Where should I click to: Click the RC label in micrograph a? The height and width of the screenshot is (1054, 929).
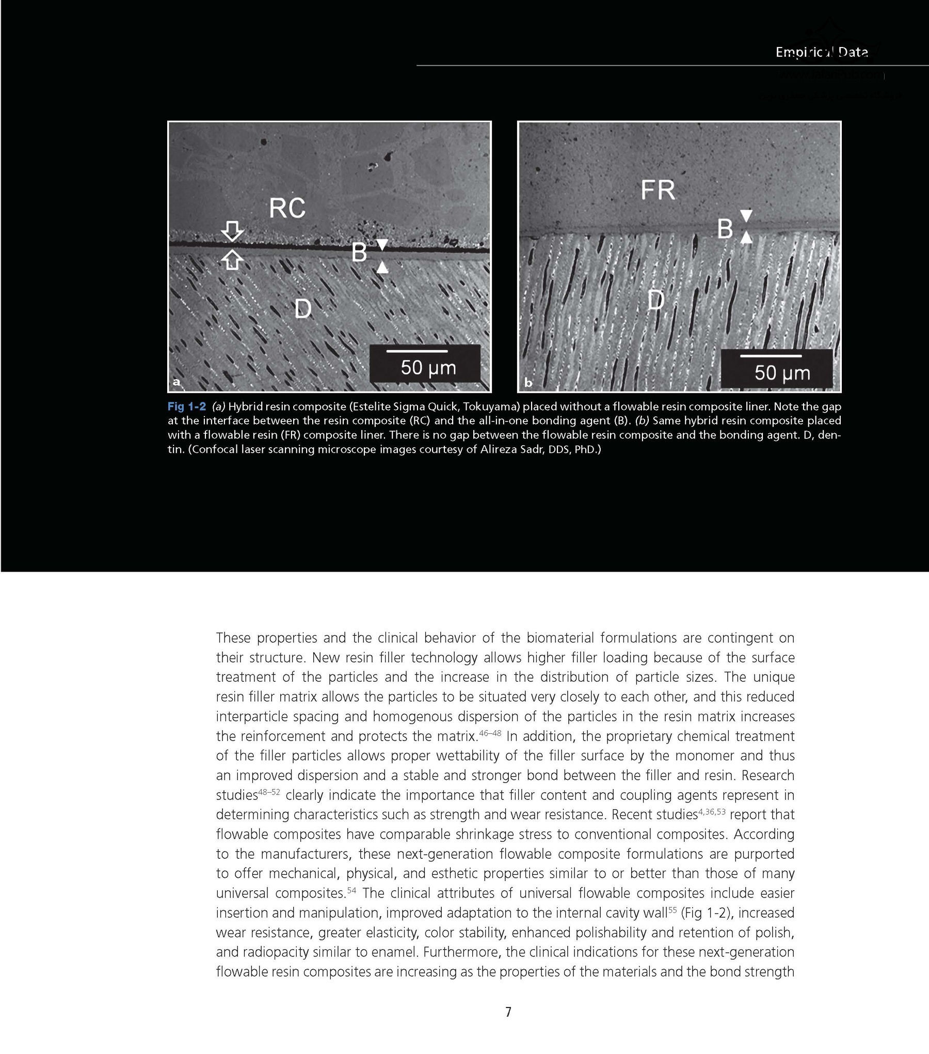pos(287,208)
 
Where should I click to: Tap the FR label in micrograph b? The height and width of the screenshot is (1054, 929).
pos(658,190)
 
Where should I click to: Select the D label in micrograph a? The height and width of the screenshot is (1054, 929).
pos(303,309)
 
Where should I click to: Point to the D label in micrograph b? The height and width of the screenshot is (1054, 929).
pos(655,300)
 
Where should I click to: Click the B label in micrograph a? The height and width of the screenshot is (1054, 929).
pos(359,253)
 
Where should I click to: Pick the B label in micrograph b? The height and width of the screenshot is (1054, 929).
pos(725,229)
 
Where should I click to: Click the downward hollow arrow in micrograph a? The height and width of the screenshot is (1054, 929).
pos(233,231)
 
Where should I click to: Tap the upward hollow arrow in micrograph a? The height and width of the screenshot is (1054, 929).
pos(233,259)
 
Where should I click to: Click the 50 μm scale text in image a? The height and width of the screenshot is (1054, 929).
pos(428,368)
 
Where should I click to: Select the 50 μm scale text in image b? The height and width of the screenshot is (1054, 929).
pos(782,372)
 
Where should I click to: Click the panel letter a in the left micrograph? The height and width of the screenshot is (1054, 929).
pos(177,382)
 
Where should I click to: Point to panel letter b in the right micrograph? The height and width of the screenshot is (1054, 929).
pos(528,383)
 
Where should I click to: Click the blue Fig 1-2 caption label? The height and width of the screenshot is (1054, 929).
pos(186,406)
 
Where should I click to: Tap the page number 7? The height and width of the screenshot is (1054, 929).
pos(508,1012)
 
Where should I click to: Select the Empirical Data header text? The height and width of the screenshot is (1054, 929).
pos(821,52)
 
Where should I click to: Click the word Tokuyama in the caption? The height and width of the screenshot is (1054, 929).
pos(493,406)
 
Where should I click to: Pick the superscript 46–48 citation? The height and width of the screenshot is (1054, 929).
pos(490,732)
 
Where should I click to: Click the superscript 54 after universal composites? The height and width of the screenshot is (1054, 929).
pos(351,889)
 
